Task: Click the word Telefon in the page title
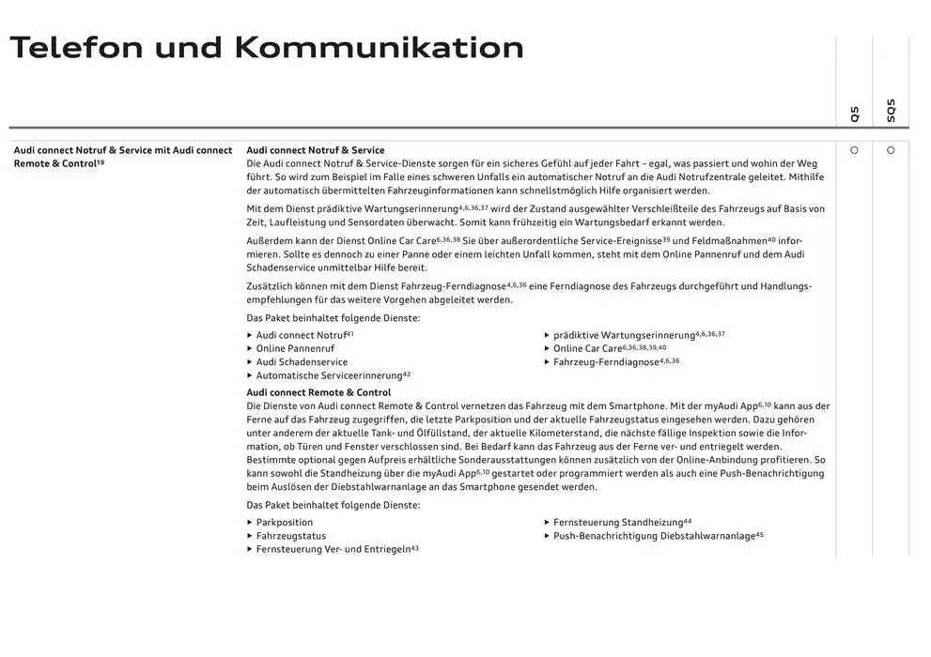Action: pyautogui.click(x=76, y=47)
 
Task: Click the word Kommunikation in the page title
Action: pyautogui.click(x=379, y=47)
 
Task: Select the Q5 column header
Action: pyautogui.click(x=854, y=114)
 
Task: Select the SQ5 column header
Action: pyautogui.click(x=891, y=111)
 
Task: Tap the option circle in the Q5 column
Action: pyautogui.click(x=854, y=150)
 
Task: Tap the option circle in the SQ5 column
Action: pyautogui.click(x=891, y=150)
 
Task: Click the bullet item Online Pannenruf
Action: pyautogui.click(x=295, y=348)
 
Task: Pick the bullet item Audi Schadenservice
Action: pyautogui.click(x=302, y=362)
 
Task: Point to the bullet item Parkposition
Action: pyautogui.click(x=285, y=523)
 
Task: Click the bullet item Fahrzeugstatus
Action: pyautogui.click(x=291, y=536)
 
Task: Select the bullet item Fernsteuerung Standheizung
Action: pyautogui.click(x=617, y=523)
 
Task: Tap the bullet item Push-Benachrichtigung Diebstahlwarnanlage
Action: pyautogui.click(x=654, y=536)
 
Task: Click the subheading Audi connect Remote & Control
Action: pyautogui.click(x=318, y=392)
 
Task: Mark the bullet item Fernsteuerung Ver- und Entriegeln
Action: pyautogui.click(x=333, y=549)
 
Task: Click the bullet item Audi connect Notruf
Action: pyautogui.click(x=301, y=335)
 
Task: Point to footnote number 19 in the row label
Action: pyautogui.click(x=101, y=161)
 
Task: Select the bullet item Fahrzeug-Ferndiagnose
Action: pyautogui.click(x=606, y=362)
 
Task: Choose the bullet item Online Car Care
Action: pyautogui.click(x=587, y=348)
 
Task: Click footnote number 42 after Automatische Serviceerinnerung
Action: pyautogui.click(x=407, y=374)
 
